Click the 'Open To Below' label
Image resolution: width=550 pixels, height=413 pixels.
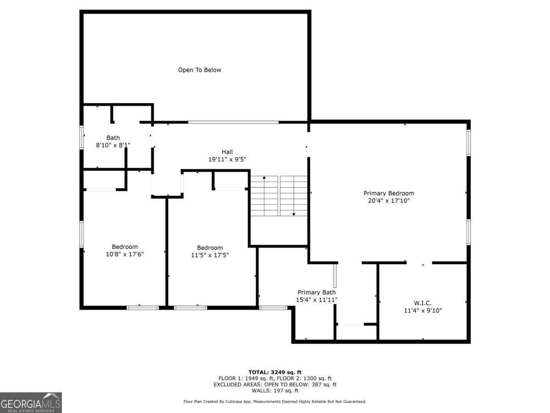pos(199,70)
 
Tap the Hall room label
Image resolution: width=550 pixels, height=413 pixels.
pos(227,152)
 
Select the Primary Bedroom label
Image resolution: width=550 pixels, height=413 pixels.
pos(389,193)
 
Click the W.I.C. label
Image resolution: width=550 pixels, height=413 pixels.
pos(423,303)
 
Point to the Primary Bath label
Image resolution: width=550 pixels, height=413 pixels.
pos(316,292)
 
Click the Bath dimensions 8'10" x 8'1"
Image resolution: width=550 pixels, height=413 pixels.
pos(113,145)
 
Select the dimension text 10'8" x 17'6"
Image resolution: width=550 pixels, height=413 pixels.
pos(125,254)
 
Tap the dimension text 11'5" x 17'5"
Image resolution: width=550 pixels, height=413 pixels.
pos(210,255)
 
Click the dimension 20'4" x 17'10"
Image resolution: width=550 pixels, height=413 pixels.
pos(389,201)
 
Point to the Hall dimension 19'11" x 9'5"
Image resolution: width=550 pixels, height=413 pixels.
pos(227,160)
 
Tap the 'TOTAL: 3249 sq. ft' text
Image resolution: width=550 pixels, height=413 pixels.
pos(275,372)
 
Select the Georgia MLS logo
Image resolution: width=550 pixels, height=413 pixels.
pos(31,402)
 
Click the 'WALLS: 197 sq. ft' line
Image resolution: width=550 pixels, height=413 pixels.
pos(275,391)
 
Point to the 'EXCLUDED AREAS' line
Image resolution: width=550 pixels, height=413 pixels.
pos(275,385)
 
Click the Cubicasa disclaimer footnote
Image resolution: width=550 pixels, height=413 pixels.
pos(275,402)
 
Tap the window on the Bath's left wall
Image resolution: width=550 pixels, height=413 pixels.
pos(82,138)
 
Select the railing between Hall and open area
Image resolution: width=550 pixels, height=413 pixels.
pos(233,122)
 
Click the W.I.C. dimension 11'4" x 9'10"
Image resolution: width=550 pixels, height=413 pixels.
pos(423,311)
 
